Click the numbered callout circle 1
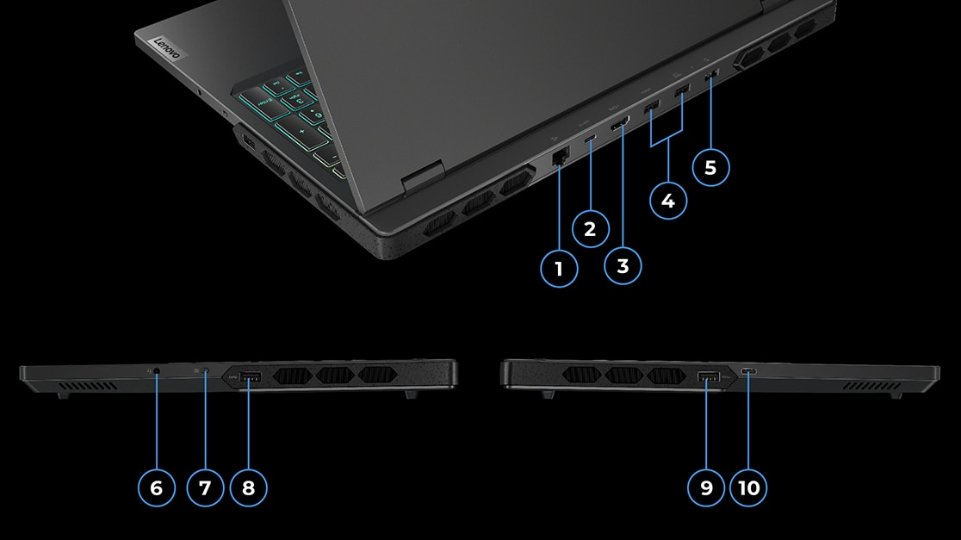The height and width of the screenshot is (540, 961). (559, 269)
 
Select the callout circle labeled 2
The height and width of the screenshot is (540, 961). (590, 229)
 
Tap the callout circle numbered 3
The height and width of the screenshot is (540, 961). (623, 266)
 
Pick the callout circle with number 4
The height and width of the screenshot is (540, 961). (667, 201)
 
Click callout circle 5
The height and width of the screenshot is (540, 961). (710, 167)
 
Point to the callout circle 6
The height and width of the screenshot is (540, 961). (156, 488)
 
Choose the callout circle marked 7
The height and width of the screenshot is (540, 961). (204, 488)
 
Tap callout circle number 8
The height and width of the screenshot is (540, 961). (249, 488)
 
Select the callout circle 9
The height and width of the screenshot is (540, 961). (707, 488)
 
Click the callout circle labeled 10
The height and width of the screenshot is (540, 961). (749, 488)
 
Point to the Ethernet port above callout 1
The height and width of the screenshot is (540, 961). (559, 157)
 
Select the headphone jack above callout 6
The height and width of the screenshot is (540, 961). (156, 371)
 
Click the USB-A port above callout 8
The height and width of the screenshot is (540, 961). (250, 376)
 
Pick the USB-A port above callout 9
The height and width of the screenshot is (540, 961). (707, 376)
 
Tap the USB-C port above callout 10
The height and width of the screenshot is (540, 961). (748, 372)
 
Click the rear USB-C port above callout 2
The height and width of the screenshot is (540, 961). (590, 140)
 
